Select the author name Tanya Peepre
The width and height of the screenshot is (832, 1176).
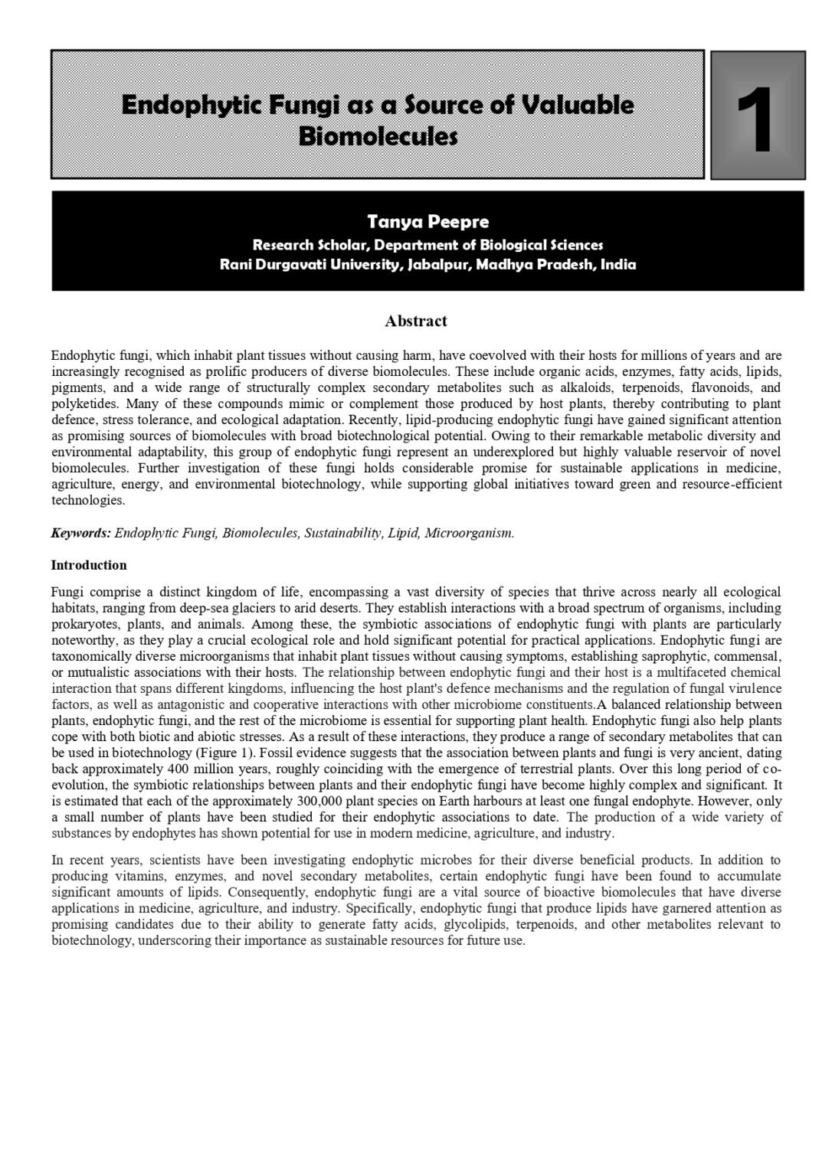click(x=427, y=222)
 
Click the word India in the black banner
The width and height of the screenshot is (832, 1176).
click(x=618, y=265)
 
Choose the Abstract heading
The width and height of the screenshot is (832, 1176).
click(x=416, y=321)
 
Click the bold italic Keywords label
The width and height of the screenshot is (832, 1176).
click(x=81, y=533)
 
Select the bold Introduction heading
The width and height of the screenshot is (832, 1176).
click(x=89, y=565)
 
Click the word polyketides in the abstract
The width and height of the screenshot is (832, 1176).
click(x=85, y=403)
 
